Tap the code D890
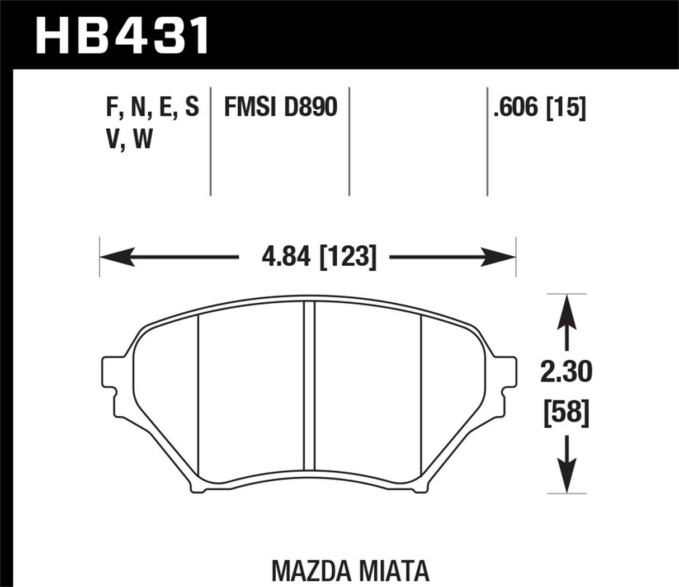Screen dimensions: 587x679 coord(310,106)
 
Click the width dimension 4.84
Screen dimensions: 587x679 coord(286,257)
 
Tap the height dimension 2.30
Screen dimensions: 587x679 coord(567,373)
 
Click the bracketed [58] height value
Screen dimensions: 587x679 coord(567,414)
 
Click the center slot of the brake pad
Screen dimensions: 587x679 coord(309,386)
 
